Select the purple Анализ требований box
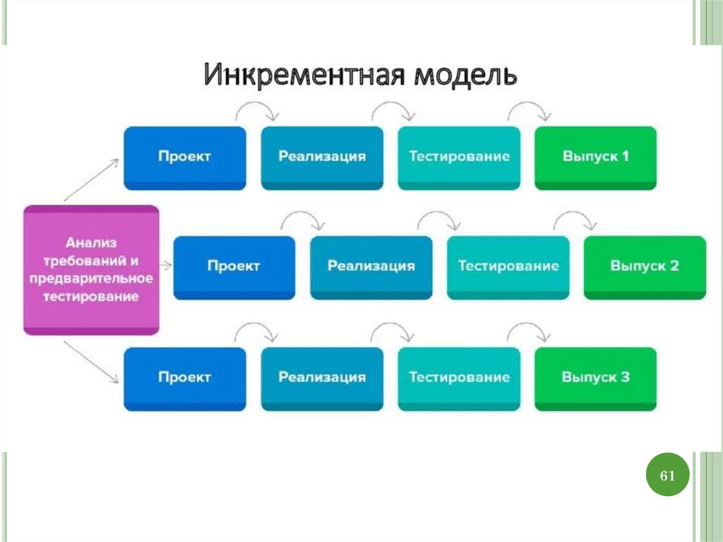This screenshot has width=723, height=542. pyautogui.click(x=91, y=269)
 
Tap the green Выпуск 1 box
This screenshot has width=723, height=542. pyautogui.click(x=595, y=157)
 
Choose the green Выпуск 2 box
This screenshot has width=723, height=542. pyautogui.click(x=644, y=266)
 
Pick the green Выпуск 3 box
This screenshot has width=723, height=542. pyautogui.click(x=595, y=377)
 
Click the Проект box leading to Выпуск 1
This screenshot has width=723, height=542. pyautogui.click(x=184, y=157)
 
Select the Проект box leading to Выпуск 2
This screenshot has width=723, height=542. pyautogui.click(x=234, y=266)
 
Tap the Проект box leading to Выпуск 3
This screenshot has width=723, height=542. pyautogui.click(x=184, y=377)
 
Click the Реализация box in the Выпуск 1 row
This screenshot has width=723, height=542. pyautogui.click(x=322, y=157)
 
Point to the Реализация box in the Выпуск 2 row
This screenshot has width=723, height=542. pyautogui.click(x=371, y=266)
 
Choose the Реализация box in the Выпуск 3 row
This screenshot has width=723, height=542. pyautogui.click(x=322, y=377)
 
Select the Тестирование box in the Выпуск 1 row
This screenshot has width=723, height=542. pyautogui.click(x=459, y=157)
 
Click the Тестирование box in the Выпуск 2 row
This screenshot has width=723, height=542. pyautogui.click(x=508, y=266)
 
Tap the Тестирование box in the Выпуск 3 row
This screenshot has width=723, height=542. pyautogui.click(x=459, y=377)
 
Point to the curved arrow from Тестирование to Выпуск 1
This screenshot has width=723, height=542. pyautogui.click(x=530, y=108)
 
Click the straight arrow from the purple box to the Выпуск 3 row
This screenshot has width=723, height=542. pyautogui.click(x=90, y=362)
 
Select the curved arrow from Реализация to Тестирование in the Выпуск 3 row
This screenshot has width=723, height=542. pyautogui.click(x=393, y=329)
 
